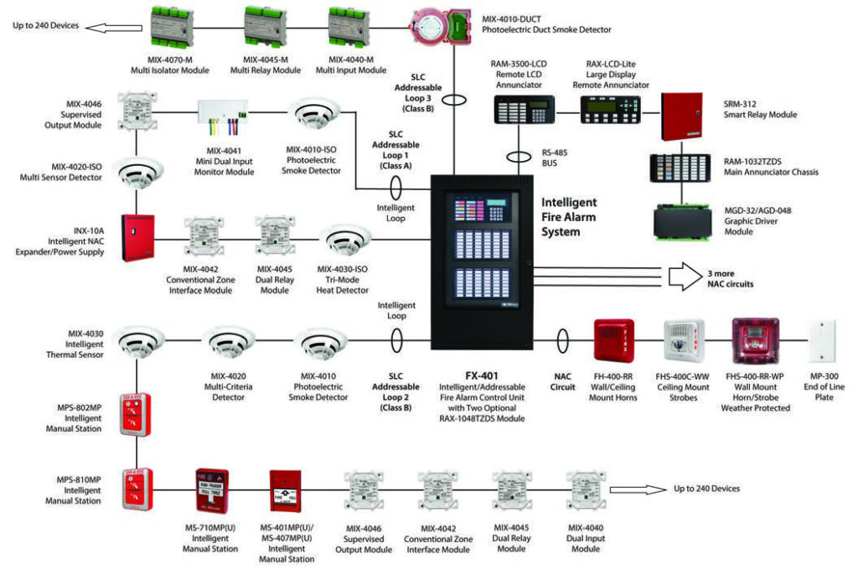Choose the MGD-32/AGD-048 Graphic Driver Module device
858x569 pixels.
pos(687,223)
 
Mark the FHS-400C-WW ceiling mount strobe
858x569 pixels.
pos(680,342)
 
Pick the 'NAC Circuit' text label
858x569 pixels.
pos(563,381)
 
